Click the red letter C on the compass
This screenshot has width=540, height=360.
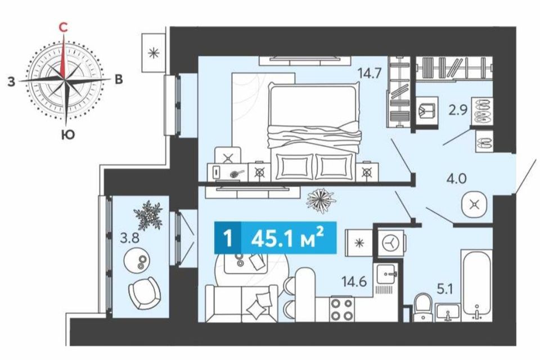click(62, 27)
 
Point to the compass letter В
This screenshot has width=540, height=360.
click(119, 79)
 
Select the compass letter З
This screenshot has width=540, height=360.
click(12, 82)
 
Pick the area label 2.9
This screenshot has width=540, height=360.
click(458, 110)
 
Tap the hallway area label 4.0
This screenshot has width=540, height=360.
click(456, 178)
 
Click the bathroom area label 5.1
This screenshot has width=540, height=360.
click(444, 289)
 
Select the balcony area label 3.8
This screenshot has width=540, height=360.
click(129, 238)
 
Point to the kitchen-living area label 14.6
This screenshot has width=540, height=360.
click(354, 282)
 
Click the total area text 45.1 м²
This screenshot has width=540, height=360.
click(288, 238)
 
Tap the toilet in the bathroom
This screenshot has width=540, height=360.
click(423, 307)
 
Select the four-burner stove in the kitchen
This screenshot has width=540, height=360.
click(341, 309)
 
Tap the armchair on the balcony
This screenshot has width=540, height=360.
click(145, 293)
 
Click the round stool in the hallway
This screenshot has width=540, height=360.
click(474, 205)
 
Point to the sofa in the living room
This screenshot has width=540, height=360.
click(241, 304)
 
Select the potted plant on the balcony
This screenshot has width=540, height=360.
click(148, 215)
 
